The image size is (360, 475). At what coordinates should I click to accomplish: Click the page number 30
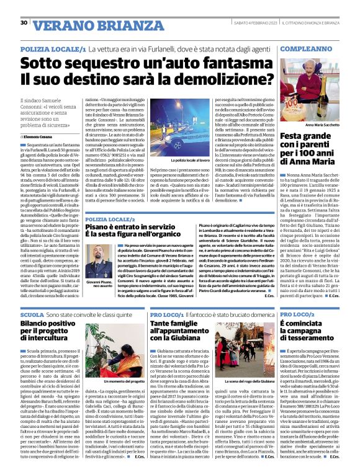(x=24, y=23)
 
